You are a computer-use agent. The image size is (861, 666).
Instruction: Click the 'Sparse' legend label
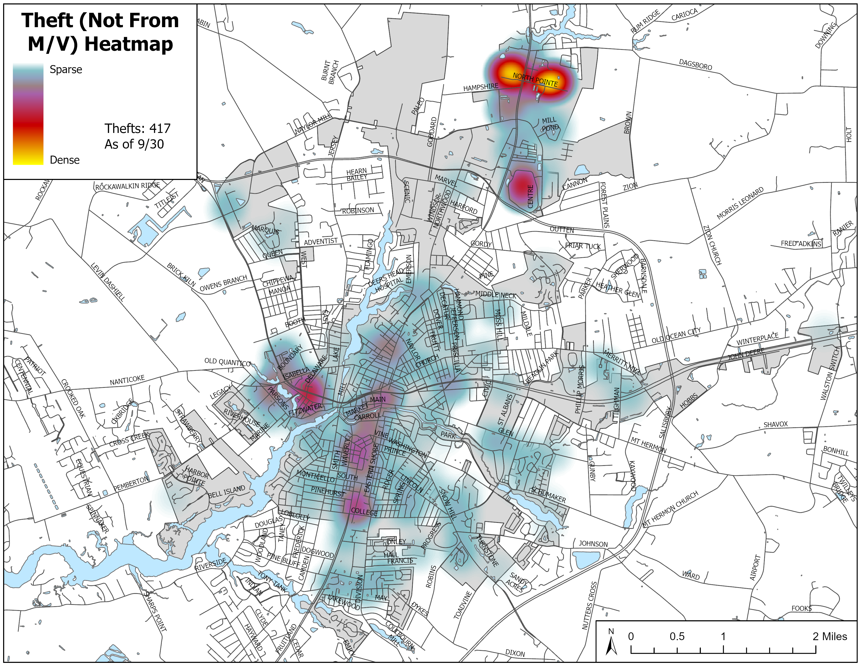66,70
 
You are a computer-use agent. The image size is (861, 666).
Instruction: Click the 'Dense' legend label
65,160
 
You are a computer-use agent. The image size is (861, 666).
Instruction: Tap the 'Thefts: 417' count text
137,128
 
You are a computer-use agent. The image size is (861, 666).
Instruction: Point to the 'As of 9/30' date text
134,144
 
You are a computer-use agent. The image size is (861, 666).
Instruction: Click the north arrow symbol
611,642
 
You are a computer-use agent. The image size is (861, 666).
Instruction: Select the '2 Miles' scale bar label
829,636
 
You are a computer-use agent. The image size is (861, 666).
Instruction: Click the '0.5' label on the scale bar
677,636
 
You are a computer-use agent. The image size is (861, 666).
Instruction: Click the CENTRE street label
530,196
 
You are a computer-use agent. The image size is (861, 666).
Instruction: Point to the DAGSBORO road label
695,65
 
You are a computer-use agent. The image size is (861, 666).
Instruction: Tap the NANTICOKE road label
127,380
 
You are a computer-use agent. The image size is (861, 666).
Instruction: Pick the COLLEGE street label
364,512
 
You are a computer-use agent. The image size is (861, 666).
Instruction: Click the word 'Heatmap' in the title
129,44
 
